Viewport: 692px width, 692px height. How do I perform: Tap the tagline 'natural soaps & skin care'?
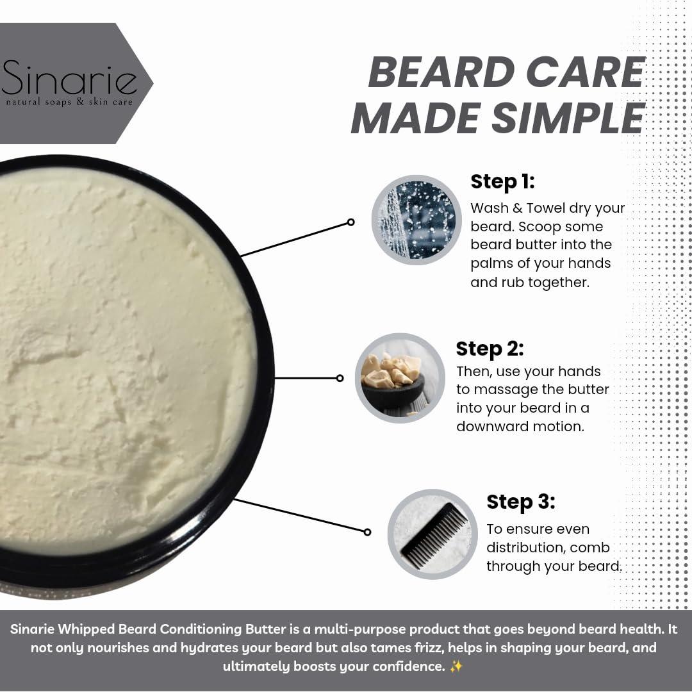point(69,102)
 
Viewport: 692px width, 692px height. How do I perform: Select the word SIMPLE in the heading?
point(570,118)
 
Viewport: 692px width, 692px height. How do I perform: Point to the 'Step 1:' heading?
point(502,181)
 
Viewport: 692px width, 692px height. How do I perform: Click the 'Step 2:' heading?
point(490,349)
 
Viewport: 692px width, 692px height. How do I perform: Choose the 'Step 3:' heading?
point(520,502)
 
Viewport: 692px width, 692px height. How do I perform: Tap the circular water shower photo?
point(416,220)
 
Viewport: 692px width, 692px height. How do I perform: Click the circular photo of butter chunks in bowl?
point(400,378)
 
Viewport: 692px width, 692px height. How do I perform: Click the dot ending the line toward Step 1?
point(350,222)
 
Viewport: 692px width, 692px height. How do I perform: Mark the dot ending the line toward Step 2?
point(340,378)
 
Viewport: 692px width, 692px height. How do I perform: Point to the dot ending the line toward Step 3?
point(367,532)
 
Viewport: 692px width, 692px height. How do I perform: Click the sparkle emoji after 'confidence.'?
point(456,666)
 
